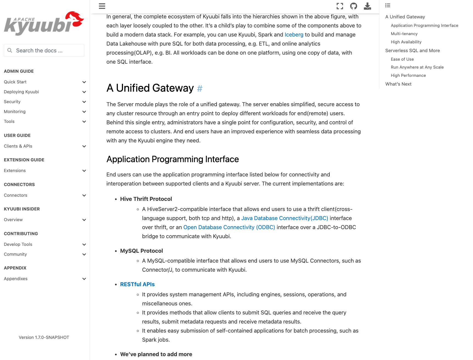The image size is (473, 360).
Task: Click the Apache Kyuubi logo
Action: coord(44,23)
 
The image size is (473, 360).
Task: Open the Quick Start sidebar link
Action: coord(15,82)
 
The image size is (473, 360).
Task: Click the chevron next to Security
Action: coord(84,102)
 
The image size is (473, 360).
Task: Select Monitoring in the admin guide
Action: coord(15,112)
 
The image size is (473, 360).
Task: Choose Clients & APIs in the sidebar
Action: coord(18,146)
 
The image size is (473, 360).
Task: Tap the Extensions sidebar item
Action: coord(15,171)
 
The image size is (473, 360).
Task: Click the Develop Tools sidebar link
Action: coord(18,244)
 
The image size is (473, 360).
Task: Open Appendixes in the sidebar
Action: coord(16,279)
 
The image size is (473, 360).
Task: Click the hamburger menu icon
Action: coord(102,6)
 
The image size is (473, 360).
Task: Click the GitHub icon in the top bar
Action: coord(354,6)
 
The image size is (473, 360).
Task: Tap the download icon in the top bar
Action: coord(367,6)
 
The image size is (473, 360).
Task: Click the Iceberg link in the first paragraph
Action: coord(294,35)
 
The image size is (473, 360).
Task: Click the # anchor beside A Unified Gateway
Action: coord(200,89)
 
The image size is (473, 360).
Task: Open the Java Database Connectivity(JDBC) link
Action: coord(284,218)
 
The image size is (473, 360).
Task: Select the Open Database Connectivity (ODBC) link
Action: coord(229,227)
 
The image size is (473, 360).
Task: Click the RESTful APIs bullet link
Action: coord(137,285)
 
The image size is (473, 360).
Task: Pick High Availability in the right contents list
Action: coord(406,42)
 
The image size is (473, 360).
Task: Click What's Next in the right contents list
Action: coord(398,84)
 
